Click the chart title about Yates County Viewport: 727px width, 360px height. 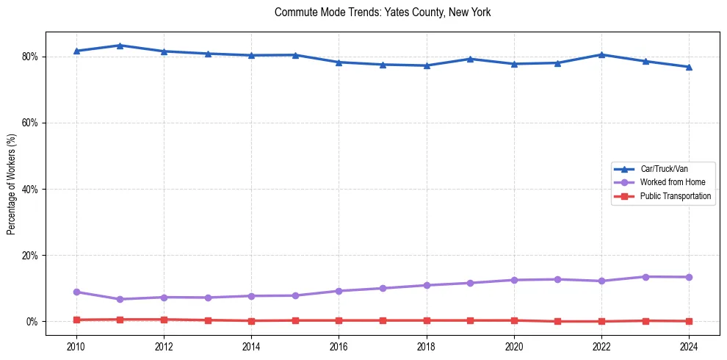382,12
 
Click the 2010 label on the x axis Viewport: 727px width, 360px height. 76,346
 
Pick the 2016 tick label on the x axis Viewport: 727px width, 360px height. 339,346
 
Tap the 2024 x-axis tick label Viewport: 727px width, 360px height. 689,346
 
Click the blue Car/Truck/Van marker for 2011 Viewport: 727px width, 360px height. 120,46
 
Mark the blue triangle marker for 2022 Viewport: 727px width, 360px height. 601,54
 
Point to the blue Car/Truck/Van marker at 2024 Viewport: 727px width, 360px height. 689,67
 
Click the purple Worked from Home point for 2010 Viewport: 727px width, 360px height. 76,292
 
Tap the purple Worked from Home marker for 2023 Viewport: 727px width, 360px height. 645,277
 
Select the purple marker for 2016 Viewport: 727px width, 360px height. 339,291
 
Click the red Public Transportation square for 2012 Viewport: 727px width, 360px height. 164,320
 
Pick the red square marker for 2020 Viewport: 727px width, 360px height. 514,320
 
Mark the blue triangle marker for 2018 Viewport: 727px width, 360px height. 427,65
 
